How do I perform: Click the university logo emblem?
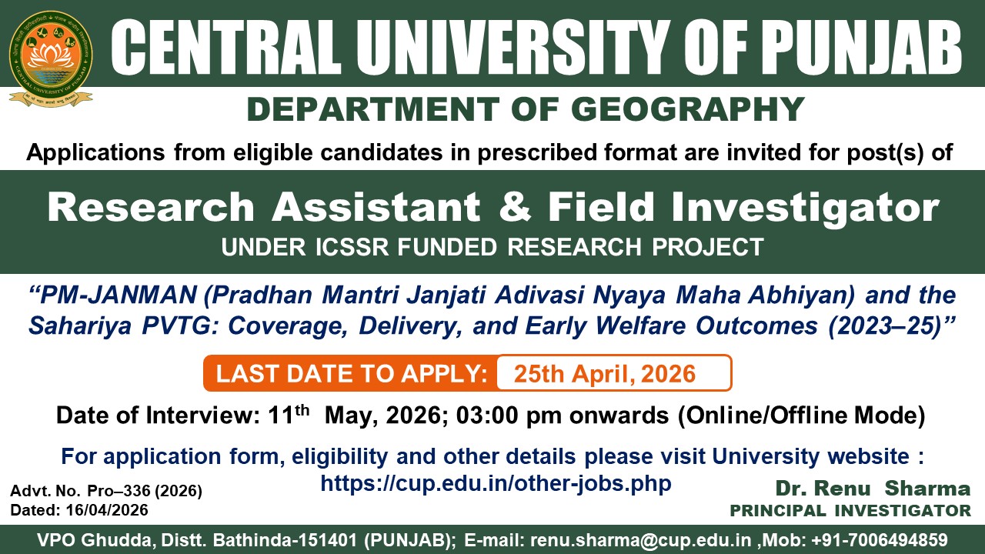click(51, 59)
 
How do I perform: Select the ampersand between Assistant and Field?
click(516, 207)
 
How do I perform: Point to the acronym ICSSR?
click(352, 247)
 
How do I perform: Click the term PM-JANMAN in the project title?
click(118, 295)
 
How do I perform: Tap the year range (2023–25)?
click(884, 326)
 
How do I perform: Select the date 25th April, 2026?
click(605, 374)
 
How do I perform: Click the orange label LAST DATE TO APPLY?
click(352, 374)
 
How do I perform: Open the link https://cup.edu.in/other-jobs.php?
click(496, 483)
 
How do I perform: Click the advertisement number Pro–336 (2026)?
click(145, 491)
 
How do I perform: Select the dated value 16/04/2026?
click(107, 510)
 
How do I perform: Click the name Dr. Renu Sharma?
click(873, 489)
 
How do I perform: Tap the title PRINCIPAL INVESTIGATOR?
click(850, 511)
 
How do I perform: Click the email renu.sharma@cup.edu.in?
click(641, 540)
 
